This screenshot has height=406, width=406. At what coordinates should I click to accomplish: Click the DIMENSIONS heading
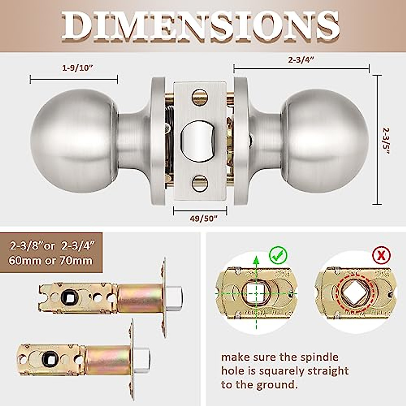point(201,26)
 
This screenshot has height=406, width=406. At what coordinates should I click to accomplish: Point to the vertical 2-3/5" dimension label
point(387,141)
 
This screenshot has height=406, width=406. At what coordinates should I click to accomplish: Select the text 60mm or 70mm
point(51,261)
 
